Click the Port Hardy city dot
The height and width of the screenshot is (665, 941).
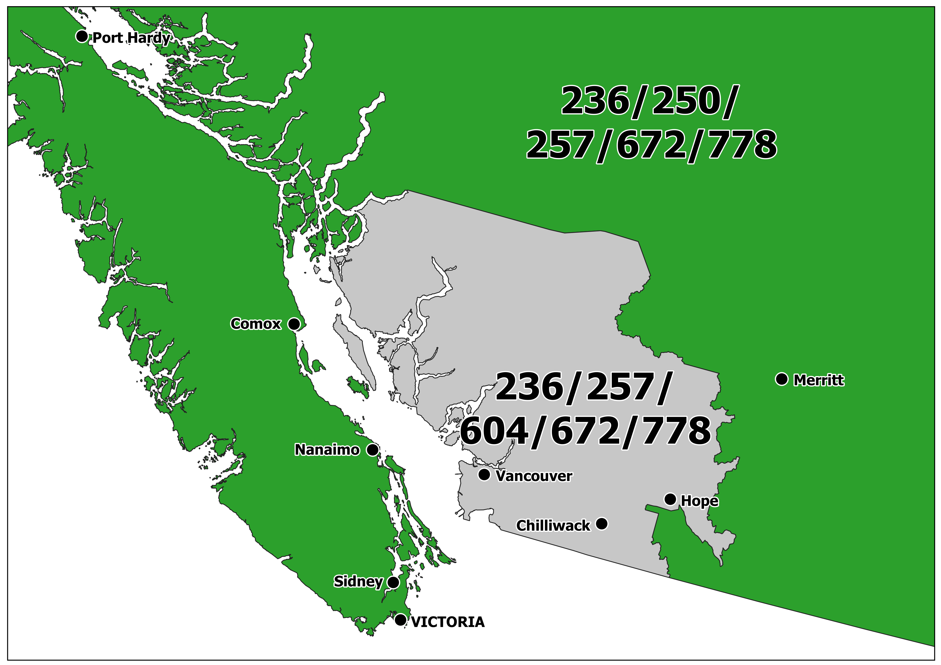[82, 36]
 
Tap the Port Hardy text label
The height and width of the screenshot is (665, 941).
[131, 38]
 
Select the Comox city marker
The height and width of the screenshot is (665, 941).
[294, 324]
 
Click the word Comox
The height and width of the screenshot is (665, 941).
[256, 324]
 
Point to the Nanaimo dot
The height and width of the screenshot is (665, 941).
[372, 450]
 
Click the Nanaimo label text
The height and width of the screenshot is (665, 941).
[327, 450]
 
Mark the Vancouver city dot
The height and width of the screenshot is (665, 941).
[484, 475]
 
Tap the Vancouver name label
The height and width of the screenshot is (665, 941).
[534, 476]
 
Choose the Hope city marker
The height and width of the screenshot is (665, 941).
[670, 499]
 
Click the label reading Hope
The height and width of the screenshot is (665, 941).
[700, 501]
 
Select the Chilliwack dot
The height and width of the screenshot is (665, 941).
[602, 524]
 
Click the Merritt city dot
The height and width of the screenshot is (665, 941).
[782, 379]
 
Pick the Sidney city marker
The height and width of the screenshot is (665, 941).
[393, 582]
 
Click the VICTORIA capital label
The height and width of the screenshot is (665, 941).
[448, 622]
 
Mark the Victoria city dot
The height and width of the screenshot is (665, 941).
[400, 619]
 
